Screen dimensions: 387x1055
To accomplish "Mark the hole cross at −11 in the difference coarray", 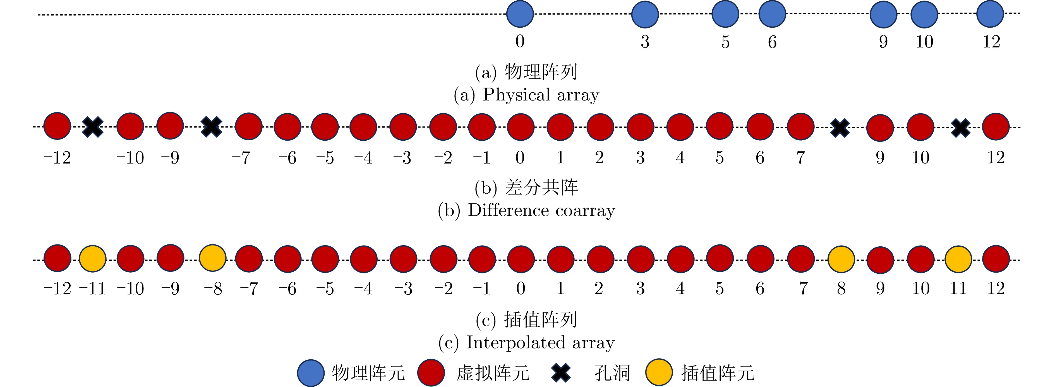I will tap(93, 127).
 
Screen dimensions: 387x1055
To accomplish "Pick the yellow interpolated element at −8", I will tap(213, 258).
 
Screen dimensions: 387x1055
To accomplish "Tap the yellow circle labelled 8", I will tap(841, 259).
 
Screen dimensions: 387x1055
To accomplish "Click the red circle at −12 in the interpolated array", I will tap(57, 258).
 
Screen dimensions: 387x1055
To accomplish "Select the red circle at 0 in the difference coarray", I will tap(521, 127).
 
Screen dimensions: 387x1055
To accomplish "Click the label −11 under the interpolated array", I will tap(93, 289).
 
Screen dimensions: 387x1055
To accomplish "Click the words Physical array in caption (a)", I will tap(541, 95).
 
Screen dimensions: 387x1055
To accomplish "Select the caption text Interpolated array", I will tap(540, 343).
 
